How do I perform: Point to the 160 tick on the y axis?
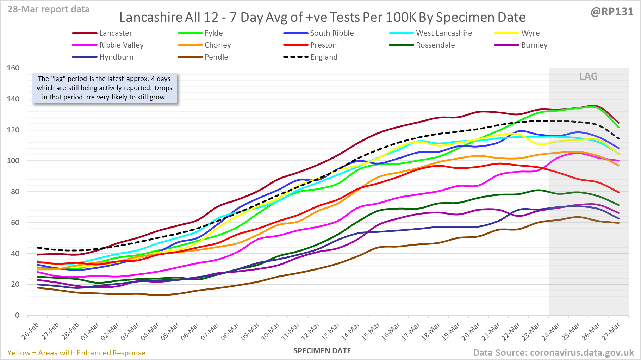[x=13, y=68]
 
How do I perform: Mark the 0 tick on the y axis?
[x=17, y=315]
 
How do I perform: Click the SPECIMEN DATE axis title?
[x=322, y=351]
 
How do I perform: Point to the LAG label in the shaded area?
[x=589, y=76]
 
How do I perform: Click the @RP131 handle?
[x=612, y=12]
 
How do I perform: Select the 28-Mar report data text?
[x=49, y=10]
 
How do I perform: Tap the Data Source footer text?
[x=553, y=353]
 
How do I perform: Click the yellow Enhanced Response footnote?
[x=76, y=353]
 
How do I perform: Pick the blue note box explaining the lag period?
[x=104, y=88]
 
